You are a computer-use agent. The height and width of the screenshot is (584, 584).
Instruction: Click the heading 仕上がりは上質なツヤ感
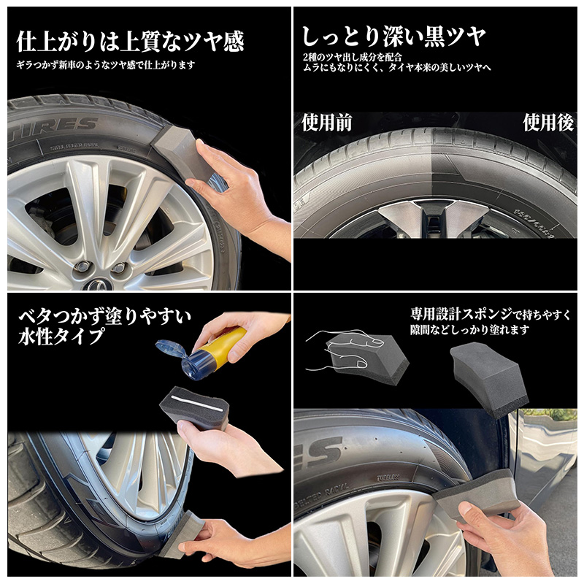click(x=130, y=41)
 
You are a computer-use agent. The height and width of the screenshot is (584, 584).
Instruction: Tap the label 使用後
click(x=547, y=123)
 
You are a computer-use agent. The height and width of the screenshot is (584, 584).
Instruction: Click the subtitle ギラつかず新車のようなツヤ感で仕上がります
click(x=106, y=65)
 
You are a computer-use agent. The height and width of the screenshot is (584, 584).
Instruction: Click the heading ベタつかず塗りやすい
click(x=104, y=316)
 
